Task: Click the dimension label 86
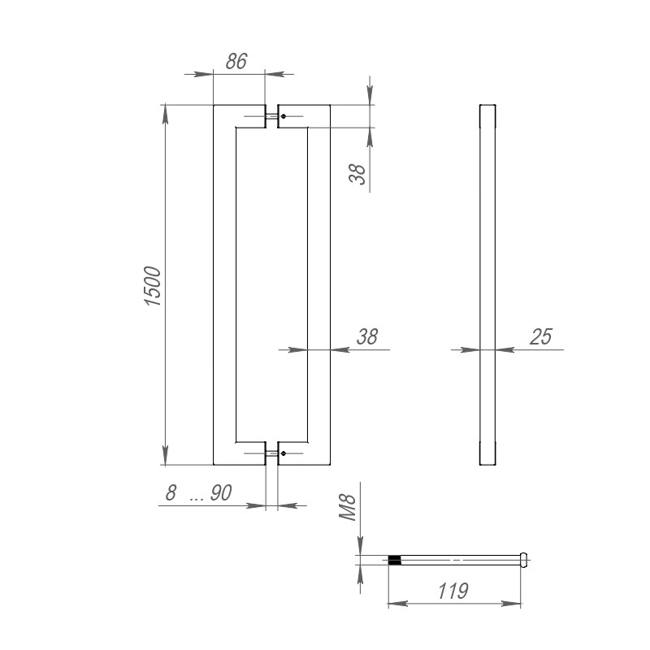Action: click(236, 61)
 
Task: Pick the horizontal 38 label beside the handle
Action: click(367, 337)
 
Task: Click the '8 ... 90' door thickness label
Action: click(199, 493)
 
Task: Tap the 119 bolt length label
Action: click(452, 591)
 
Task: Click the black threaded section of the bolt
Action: click(395, 559)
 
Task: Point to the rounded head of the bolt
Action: click(524, 559)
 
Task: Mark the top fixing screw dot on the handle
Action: click(283, 117)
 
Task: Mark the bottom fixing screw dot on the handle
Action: click(283, 453)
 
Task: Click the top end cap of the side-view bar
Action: click(487, 115)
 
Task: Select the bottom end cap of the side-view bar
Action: click(487, 453)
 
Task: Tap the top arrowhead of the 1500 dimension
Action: click(166, 113)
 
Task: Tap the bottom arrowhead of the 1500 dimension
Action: click(166, 456)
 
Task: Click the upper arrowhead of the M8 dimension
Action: click(361, 546)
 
